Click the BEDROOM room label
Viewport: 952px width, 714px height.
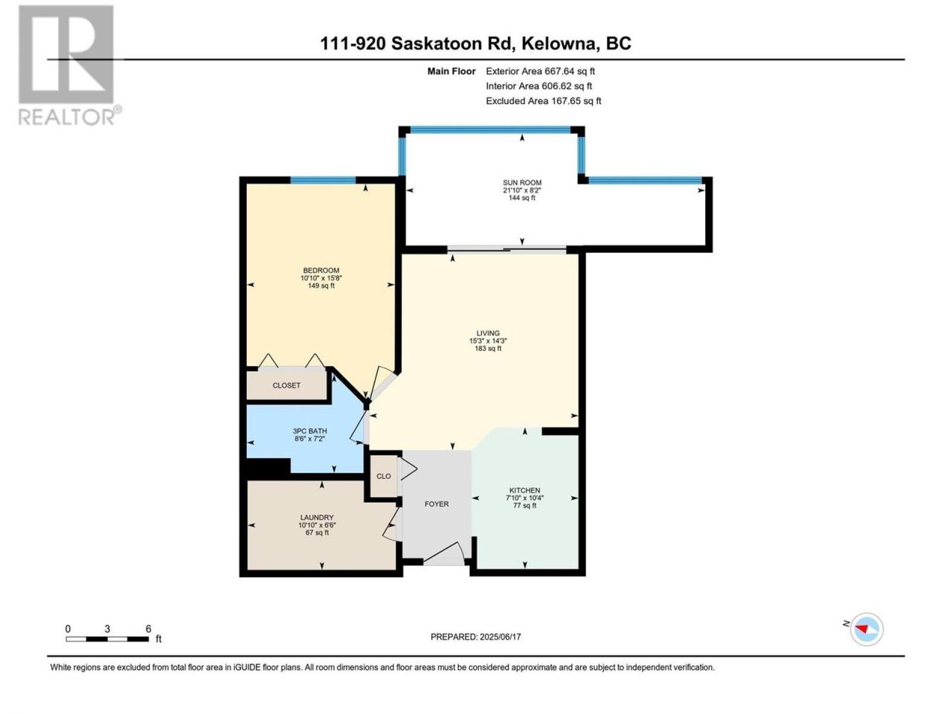(321, 270)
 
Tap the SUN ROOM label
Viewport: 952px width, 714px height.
(522, 182)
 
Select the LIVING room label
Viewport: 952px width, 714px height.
(488, 333)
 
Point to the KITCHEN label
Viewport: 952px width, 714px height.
(524, 490)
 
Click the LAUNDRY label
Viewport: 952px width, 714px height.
(317, 517)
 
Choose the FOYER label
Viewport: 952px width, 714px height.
(437, 504)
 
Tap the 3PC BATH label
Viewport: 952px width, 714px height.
(309, 431)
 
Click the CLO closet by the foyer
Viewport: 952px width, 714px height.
(383, 476)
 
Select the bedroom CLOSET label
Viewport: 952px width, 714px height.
(286, 385)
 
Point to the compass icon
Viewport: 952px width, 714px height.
(867, 629)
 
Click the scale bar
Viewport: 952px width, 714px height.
(107, 639)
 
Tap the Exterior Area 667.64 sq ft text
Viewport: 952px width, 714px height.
(541, 71)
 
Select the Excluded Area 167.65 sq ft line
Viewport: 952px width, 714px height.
(544, 100)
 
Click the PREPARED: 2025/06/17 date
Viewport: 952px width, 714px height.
(475, 637)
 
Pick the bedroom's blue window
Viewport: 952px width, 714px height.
(323, 180)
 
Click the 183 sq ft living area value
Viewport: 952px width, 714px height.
(488, 348)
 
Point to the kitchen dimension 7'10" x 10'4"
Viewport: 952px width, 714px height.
(524, 498)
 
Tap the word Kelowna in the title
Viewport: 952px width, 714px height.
(557, 43)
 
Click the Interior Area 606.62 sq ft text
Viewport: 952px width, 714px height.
(538, 86)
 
